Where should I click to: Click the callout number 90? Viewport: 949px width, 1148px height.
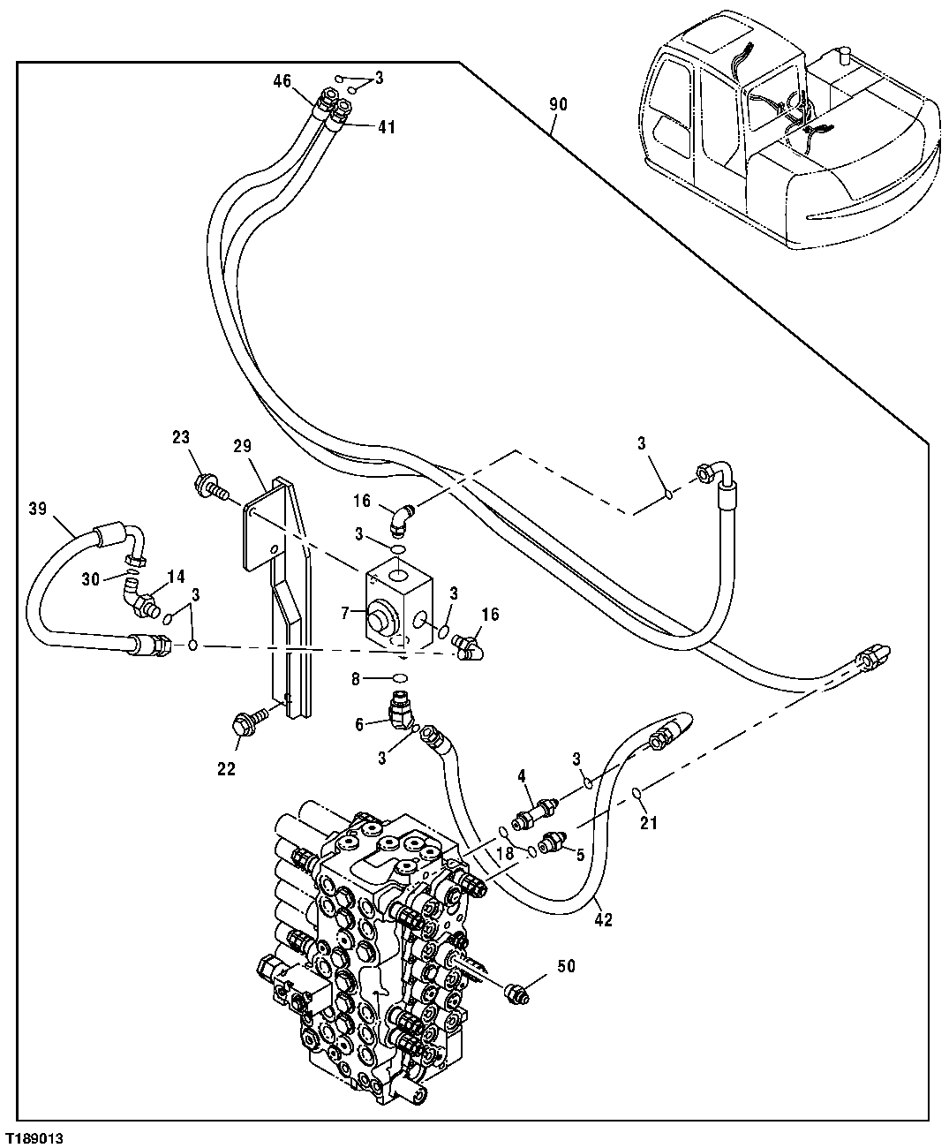pyautogui.click(x=558, y=104)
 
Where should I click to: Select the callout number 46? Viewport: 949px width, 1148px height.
pyautogui.click(x=282, y=81)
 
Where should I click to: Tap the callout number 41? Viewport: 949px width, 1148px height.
pyautogui.click(x=387, y=127)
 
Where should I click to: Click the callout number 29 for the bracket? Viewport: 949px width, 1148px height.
pyautogui.click(x=242, y=447)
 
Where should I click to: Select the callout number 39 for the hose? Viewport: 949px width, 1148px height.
pyautogui.click(x=37, y=509)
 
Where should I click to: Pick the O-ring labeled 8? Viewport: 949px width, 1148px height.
pyautogui.click(x=399, y=678)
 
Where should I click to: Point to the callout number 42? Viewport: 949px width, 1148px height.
pyautogui.click(x=603, y=920)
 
